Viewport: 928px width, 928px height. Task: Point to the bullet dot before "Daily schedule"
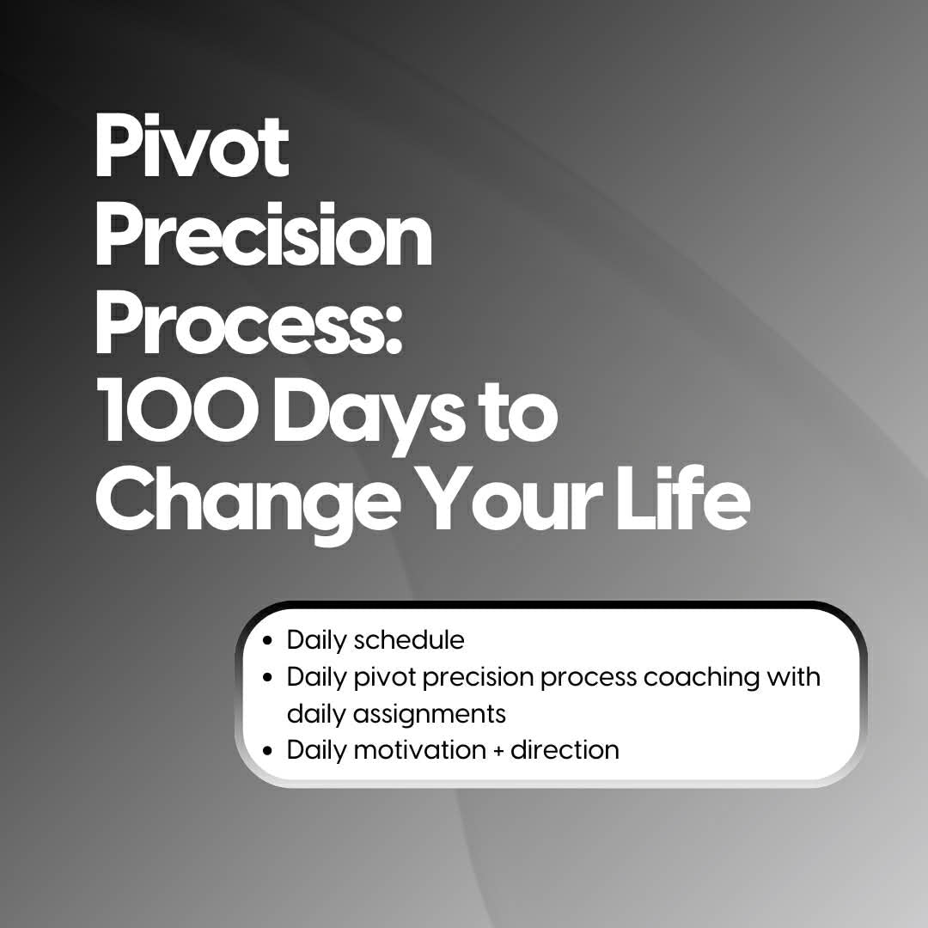[x=269, y=641]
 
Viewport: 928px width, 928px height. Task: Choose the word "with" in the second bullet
[x=794, y=676]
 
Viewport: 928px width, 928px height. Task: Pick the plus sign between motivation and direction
[x=499, y=751]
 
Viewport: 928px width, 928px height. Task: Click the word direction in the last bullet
[x=565, y=750]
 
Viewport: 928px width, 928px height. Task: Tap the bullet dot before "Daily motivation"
[x=269, y=751]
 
